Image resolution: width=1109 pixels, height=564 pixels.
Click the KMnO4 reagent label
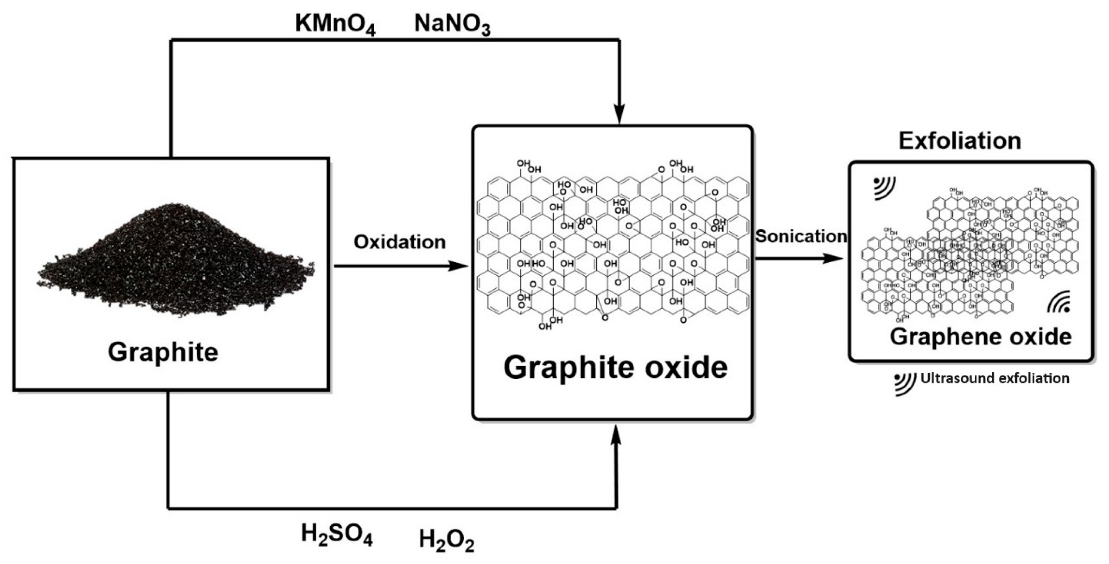335,24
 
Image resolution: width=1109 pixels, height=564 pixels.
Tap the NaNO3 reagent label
452,24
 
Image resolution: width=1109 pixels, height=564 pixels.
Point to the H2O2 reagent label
446,540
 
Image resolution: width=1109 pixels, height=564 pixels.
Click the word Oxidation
399,242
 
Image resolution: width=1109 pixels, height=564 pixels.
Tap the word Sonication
801,236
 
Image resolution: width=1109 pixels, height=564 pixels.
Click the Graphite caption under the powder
163,352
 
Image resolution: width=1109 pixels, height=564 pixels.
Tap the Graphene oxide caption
980,337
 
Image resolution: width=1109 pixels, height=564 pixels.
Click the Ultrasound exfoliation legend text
994,378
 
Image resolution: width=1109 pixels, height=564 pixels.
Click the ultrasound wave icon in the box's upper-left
884,188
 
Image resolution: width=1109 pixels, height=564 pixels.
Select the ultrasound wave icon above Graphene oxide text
1058,302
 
